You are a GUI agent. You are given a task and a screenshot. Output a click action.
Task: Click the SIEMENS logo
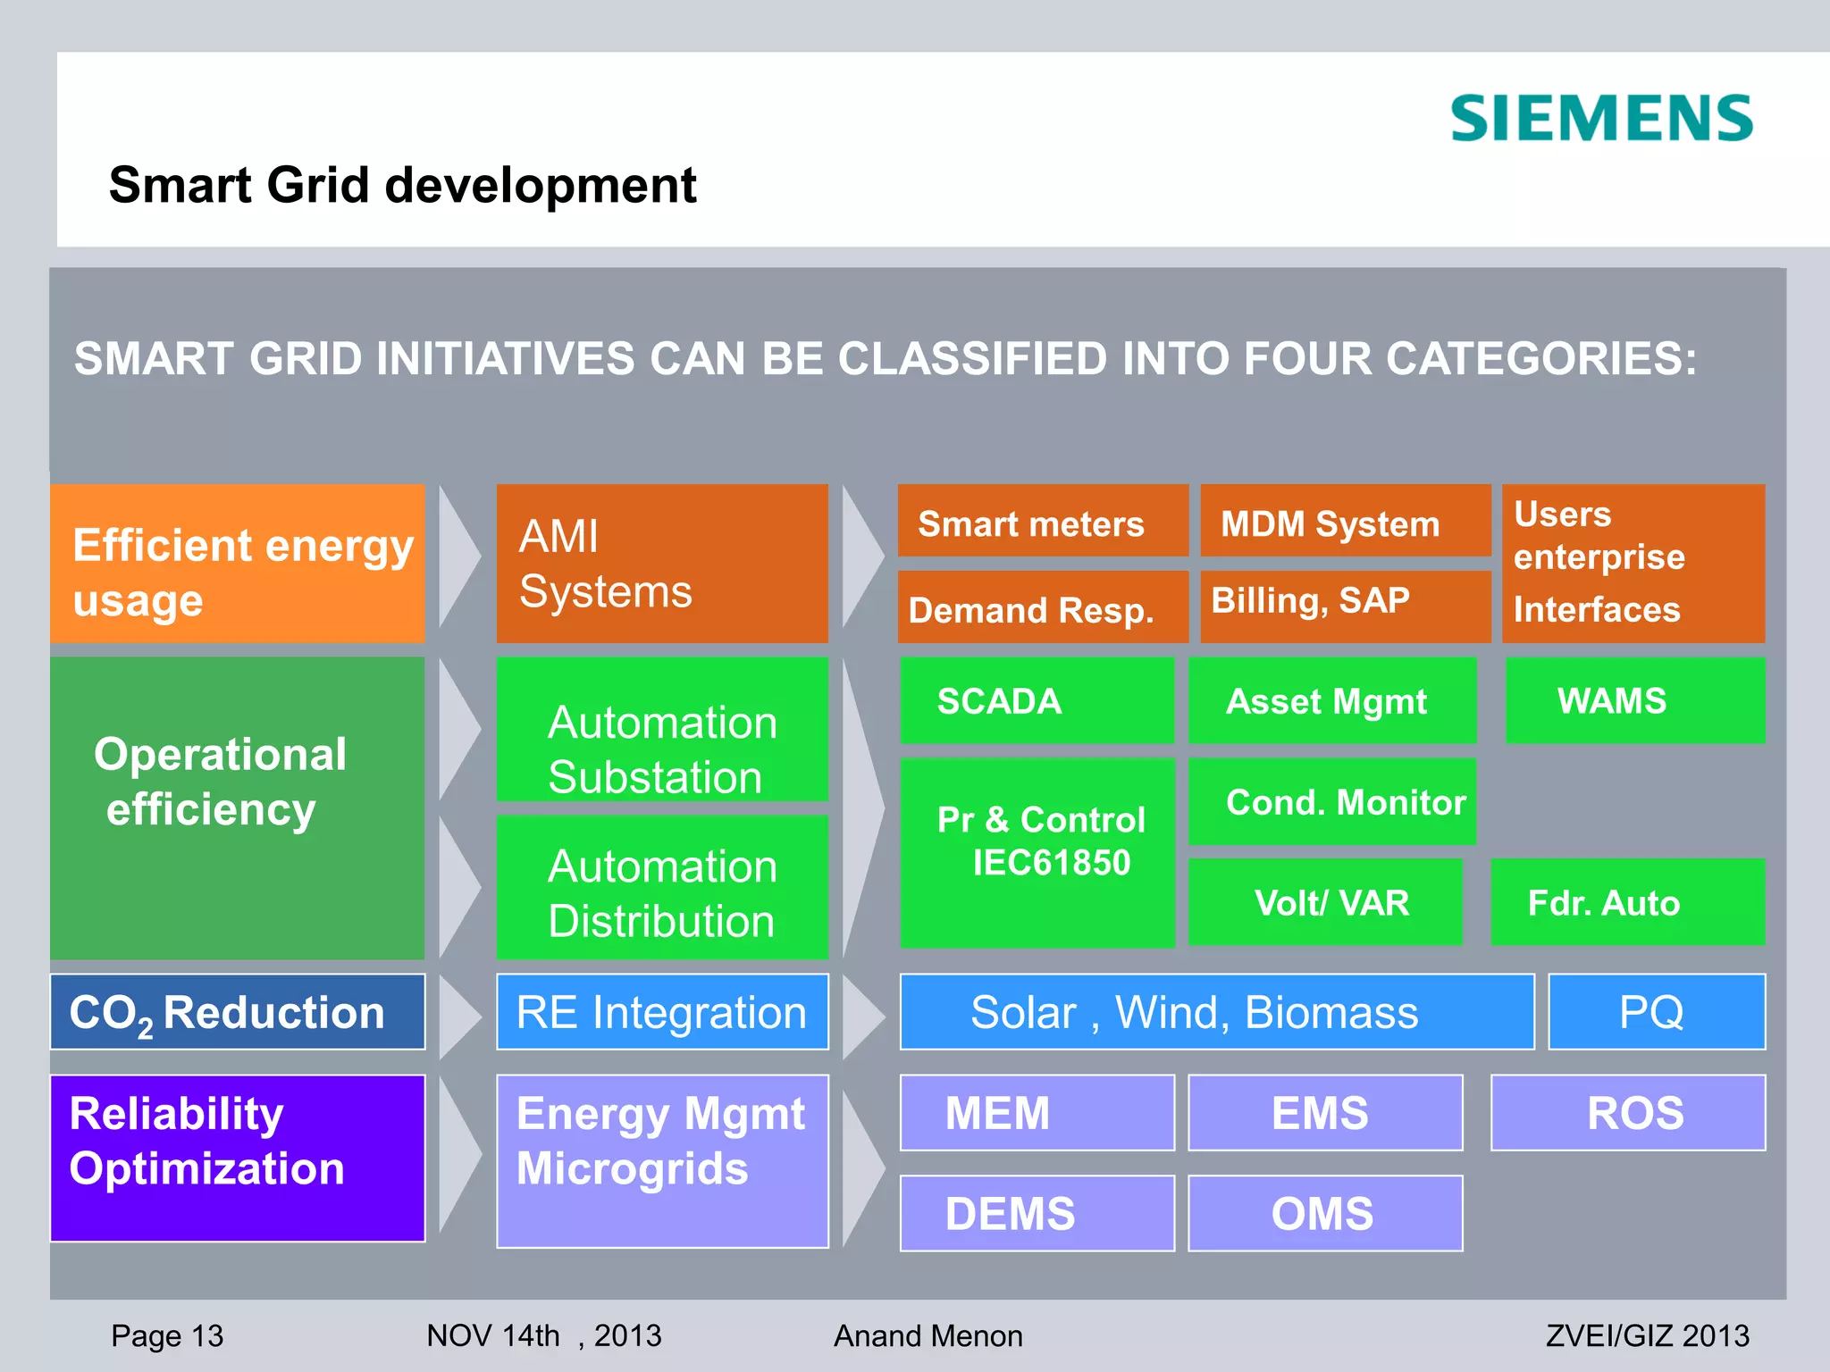pos(1601,119)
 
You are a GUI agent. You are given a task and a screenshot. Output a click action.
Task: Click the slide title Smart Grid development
pos(402,185)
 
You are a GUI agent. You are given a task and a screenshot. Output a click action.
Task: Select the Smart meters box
pos(1042,522)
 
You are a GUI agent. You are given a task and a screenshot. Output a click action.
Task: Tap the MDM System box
pos(1344,522)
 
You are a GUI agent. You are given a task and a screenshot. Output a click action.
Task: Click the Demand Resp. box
pos(1042,607)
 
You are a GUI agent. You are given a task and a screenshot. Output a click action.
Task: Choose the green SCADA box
pos(1037,700)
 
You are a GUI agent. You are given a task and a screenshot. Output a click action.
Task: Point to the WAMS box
pos(1634,700)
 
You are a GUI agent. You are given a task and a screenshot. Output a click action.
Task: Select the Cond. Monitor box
pos(1331,801)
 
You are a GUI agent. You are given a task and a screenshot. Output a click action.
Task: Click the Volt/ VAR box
pos(1325,902)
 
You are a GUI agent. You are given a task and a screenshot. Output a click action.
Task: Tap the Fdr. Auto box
pos(1627,902)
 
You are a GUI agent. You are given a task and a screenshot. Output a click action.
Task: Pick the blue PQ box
pos(1656,1012)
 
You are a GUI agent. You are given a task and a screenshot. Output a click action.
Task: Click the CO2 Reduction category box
pos(237,1012)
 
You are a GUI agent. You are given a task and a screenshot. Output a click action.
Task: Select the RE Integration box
pos(662,1012)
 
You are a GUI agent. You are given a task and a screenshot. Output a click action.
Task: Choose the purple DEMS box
pos(1037,1213)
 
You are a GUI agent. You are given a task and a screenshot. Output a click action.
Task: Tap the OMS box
pos(1325,1213)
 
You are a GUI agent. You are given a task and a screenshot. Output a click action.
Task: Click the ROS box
pos(1627,1113)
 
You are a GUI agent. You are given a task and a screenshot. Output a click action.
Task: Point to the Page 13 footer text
pos(167,1335)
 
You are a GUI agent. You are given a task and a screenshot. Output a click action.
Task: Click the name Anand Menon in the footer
pos(928,1335)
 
